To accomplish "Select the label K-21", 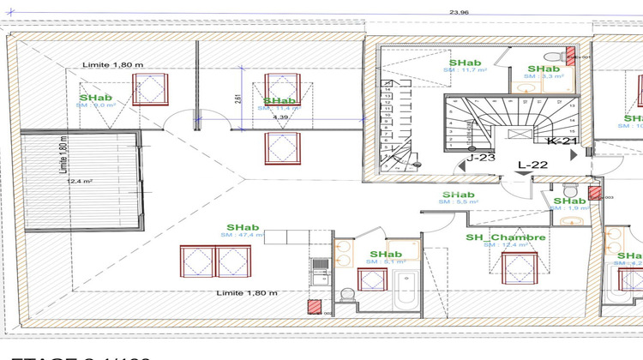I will [x=562, y=141].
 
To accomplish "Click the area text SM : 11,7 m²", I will [x=463, y=70].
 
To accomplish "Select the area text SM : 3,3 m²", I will [x=544, y=76].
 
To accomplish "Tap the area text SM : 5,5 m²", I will [x=459, y=202].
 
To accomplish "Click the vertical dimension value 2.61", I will [x=237, y=99].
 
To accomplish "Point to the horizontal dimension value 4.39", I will [x=280, y=117].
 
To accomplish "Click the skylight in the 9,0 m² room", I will [x=152, y=89].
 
